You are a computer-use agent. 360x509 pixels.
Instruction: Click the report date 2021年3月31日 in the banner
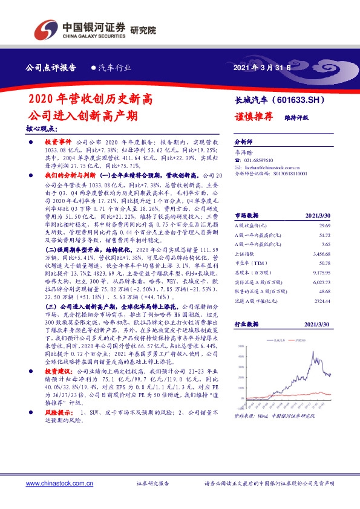click(261, 68)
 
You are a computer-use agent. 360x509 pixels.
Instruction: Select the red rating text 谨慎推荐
click(253, 117)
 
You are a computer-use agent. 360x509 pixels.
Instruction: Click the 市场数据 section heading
click(246, 215)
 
